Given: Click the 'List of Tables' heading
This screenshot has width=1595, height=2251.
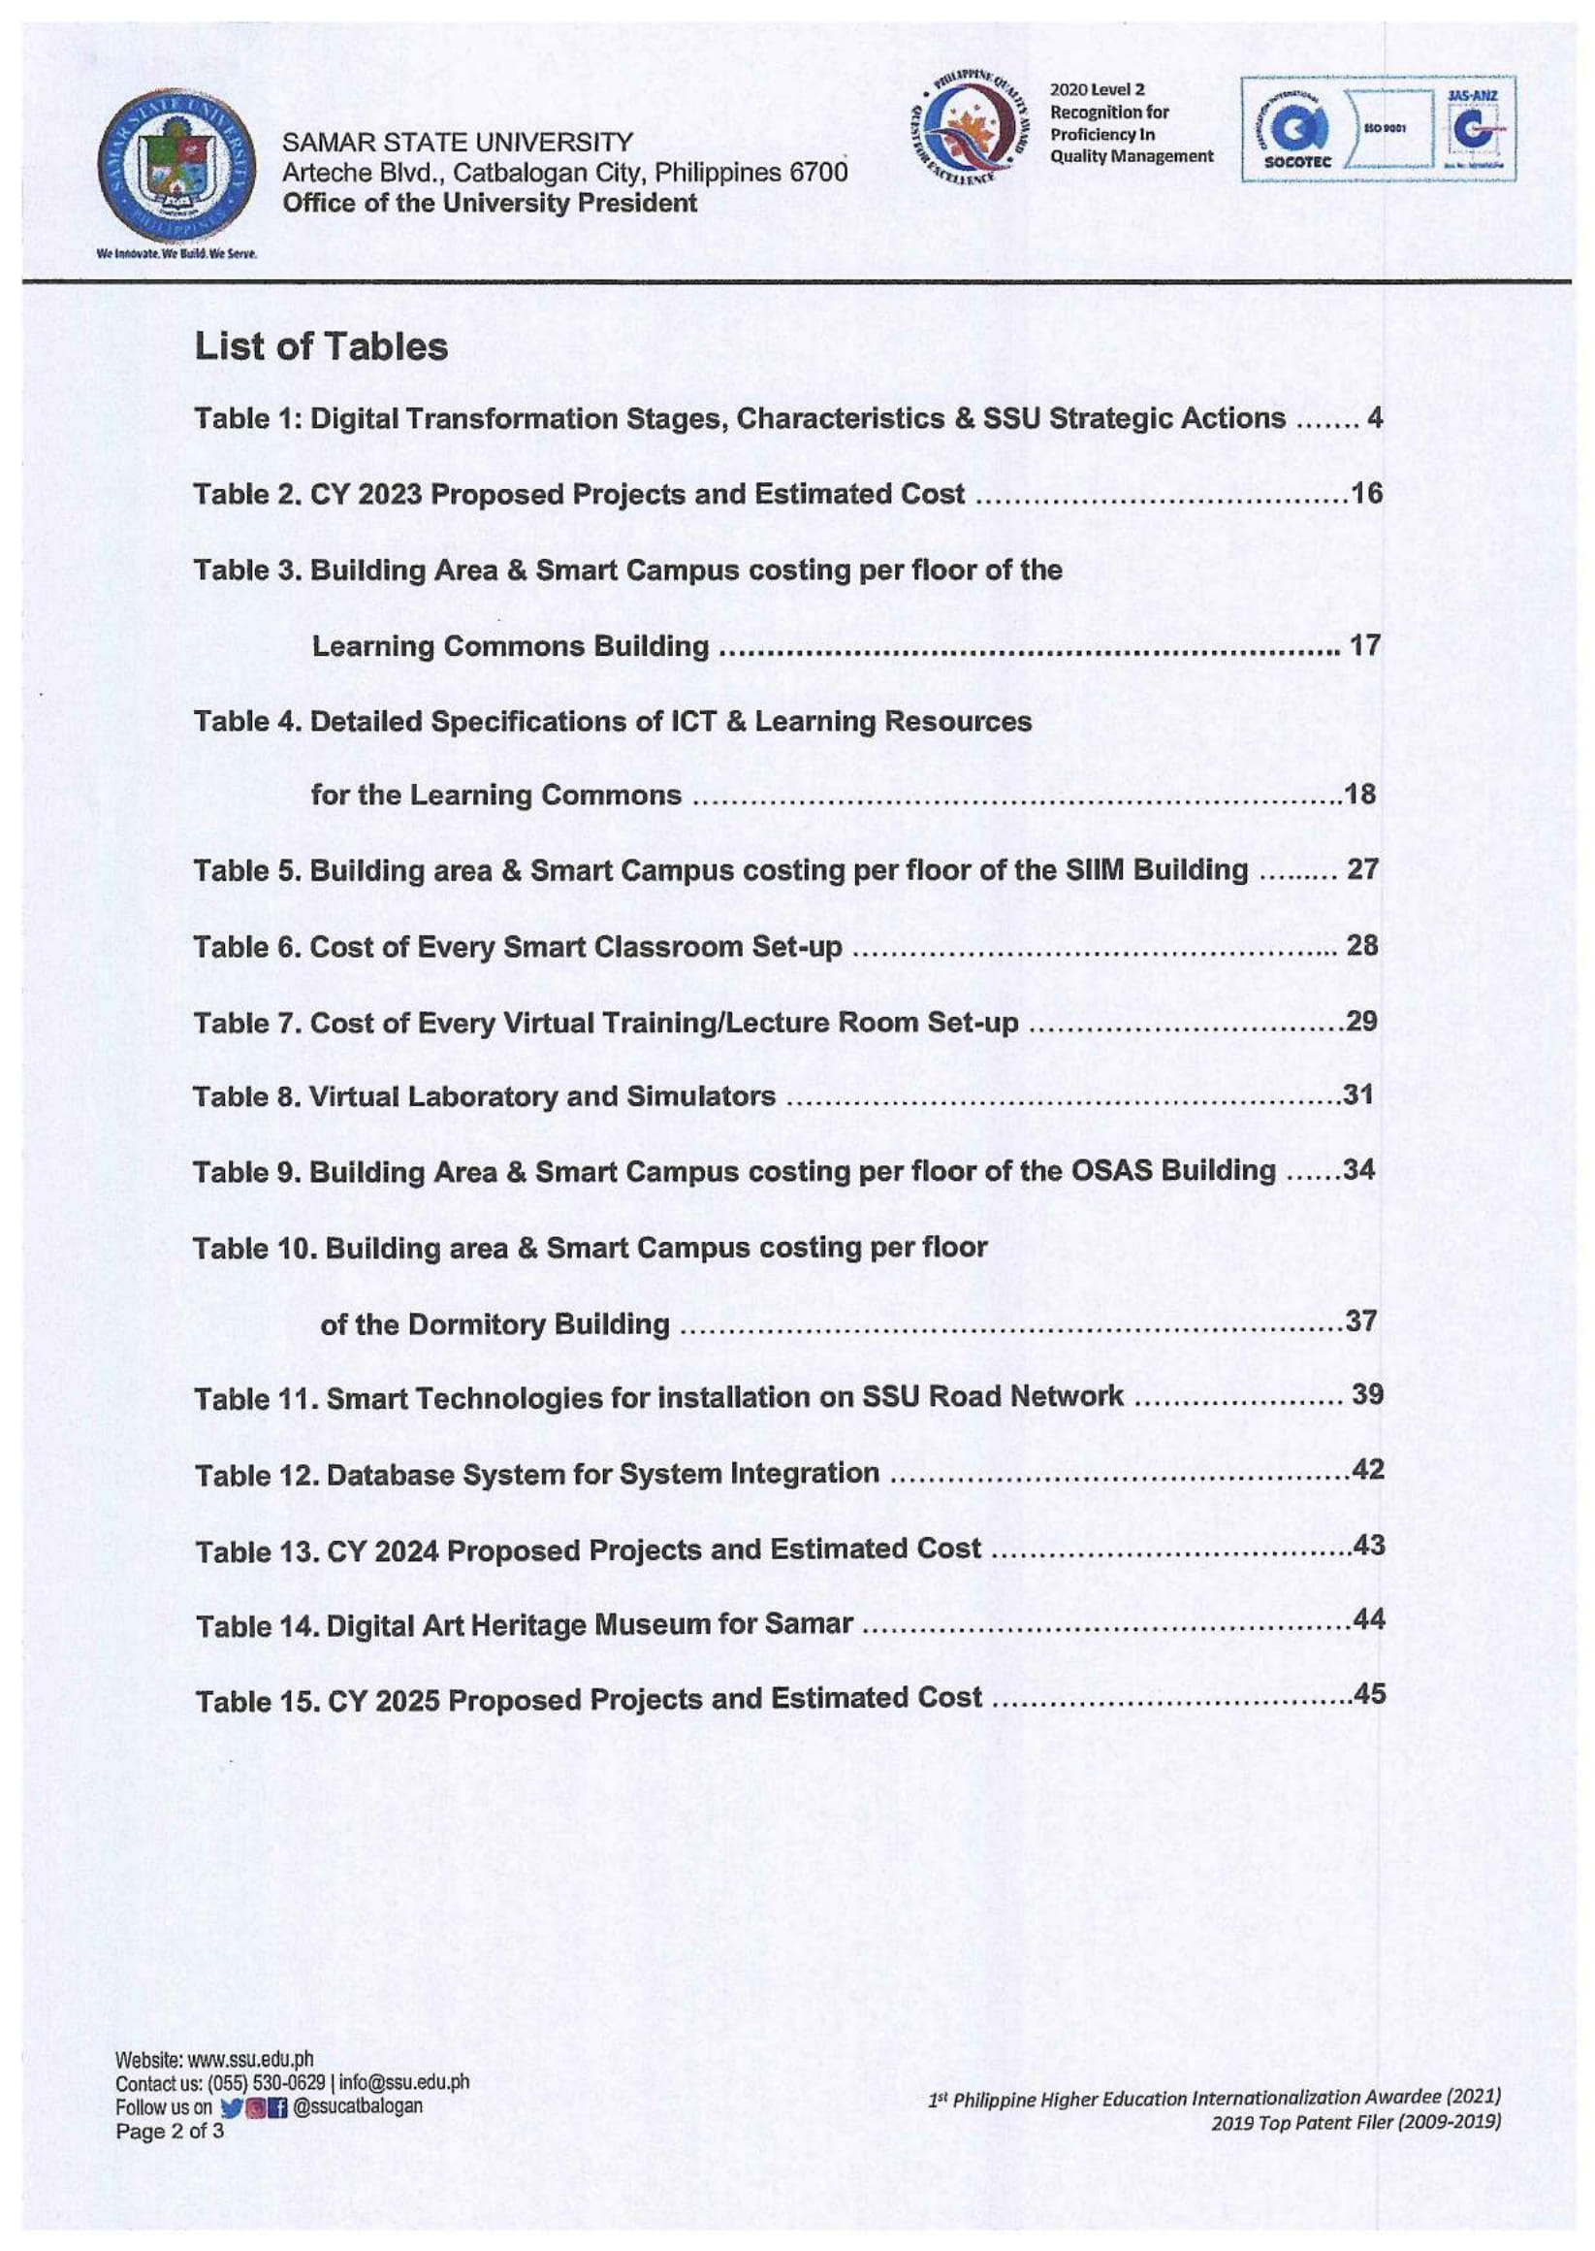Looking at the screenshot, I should (x=321, y=346).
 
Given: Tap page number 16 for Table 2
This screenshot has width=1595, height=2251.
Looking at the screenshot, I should (x=1366, y=493).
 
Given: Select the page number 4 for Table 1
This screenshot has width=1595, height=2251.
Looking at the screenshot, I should (x=1374, y=418).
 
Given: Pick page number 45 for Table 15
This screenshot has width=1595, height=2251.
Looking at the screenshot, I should (x=1369, y=1694).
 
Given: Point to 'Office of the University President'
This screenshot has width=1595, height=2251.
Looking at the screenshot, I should (x=489, y=204).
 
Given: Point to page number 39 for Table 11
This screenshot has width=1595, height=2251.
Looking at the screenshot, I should (x=1367, y=1394).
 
